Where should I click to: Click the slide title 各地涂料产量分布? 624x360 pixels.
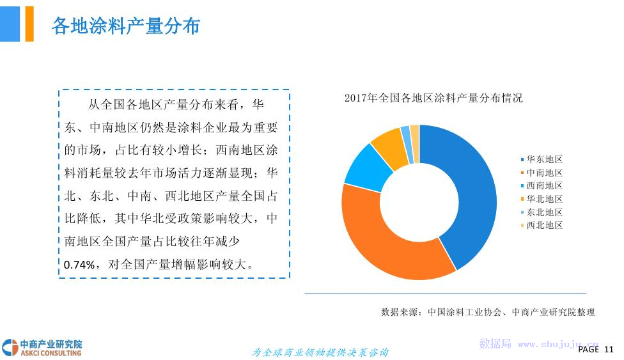[x=126, y=26]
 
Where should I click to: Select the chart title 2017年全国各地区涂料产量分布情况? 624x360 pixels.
[x=433, y=98]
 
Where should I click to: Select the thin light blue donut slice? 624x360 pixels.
[x=407, y=144]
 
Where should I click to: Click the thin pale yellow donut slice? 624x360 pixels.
[x=415, y=143]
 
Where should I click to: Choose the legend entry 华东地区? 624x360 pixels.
[x=542, y=159]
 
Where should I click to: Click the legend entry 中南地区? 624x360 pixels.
[x=542, y=173]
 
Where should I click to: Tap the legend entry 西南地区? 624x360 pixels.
[x=542, y=185]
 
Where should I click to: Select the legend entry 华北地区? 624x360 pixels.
[x=542, y=199]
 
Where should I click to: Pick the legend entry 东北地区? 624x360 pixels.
[x=542, y=212]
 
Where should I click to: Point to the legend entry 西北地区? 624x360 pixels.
[x=542, y=225]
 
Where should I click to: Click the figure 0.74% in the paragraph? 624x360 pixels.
[x=79, y=265]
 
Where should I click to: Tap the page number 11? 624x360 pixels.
[x=609, y=349]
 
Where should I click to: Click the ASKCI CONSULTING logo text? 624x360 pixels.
[x=51, y=353]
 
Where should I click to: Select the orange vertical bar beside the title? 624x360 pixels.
[x=29, y=24]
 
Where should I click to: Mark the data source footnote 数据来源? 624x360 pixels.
[x=488, y=312]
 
